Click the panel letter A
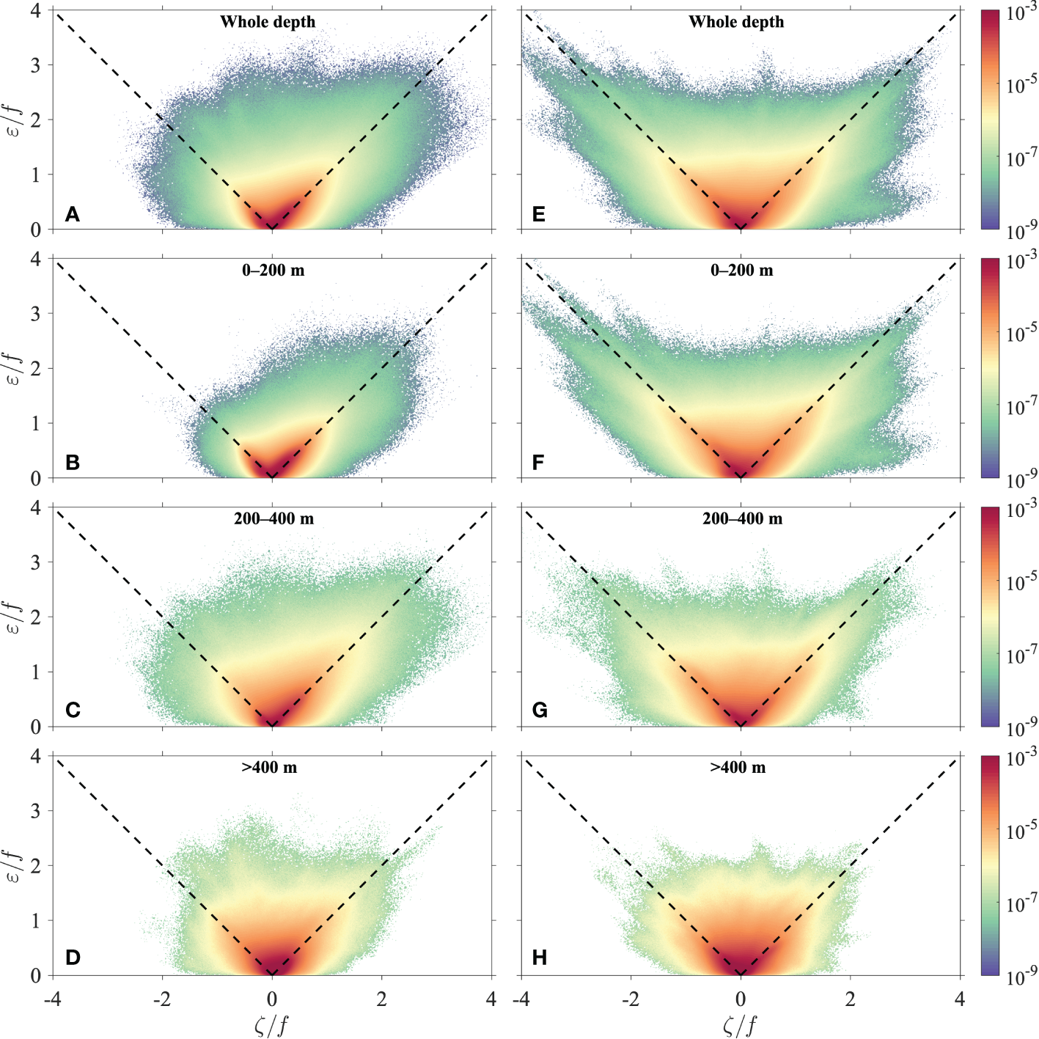(72, 214)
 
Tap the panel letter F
(538, 463)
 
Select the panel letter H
(539, 958)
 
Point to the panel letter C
(73, 711)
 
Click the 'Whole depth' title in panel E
(736, 22)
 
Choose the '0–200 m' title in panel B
(273, 271)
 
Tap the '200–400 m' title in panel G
(742, 519)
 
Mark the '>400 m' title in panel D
(269, 768)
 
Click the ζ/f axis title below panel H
(740, 1024)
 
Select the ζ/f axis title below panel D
(271, 1024)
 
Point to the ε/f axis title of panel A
(15, 120)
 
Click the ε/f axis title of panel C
(15, 617)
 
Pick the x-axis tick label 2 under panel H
(851, 999)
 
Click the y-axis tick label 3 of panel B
(36, 313)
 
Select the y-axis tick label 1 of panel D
(36, 920)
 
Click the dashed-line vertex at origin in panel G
(741, 726)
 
